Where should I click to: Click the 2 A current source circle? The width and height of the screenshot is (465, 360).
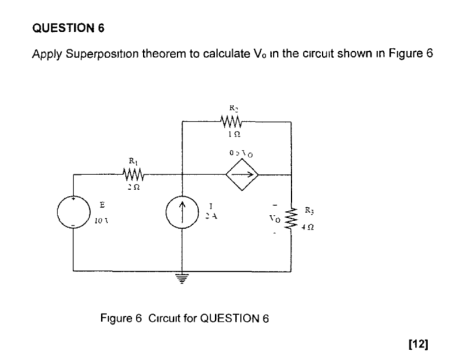pos(182,213)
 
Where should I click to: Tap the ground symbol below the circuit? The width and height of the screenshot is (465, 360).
pos(182,280)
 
